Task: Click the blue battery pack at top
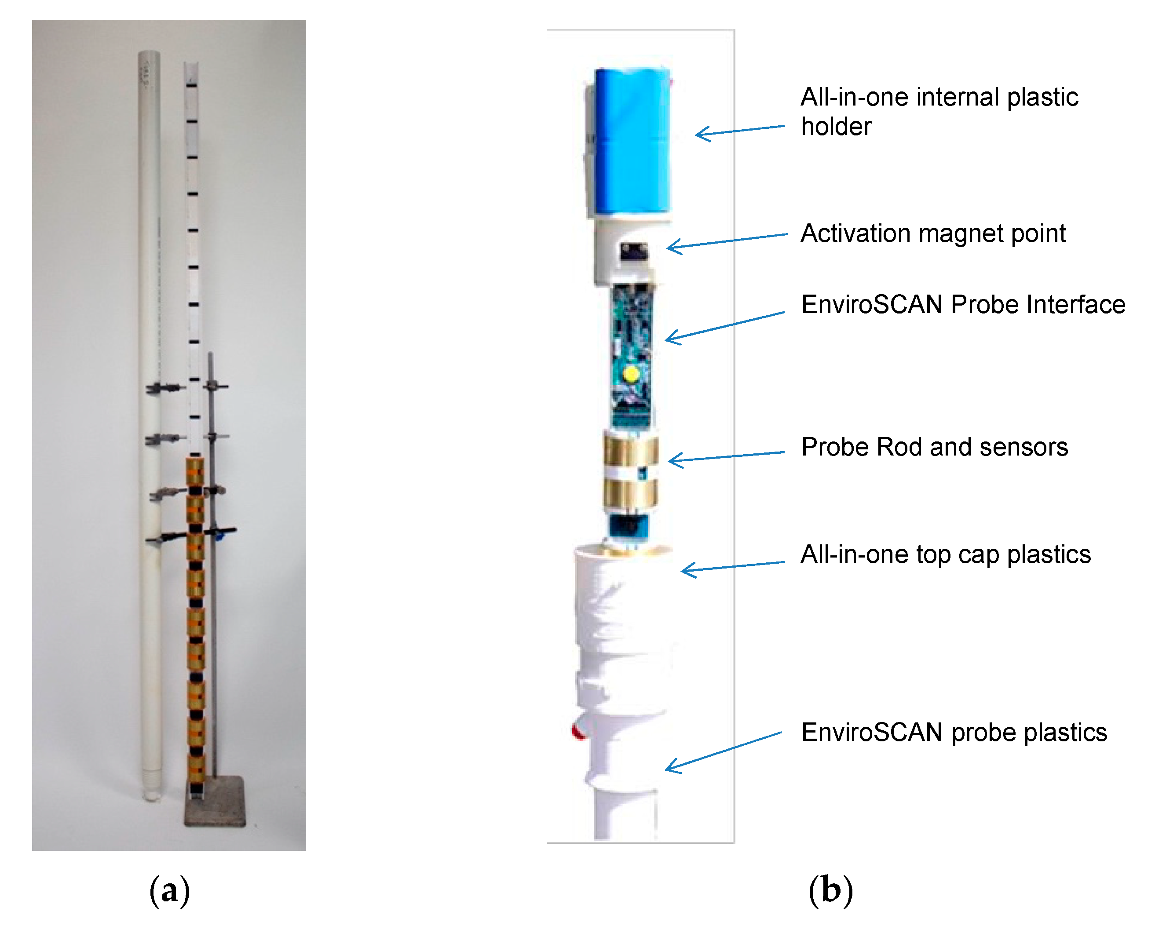click(x=631, y=141)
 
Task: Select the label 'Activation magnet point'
click(x=933, y=233)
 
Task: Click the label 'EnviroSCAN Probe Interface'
click(x=963, y=304)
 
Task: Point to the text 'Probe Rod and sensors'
click(x=934, y=447)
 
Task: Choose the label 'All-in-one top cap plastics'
click(x=945, y=554)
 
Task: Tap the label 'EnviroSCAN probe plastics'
click(x=954, y=733)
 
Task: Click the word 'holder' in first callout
click(x=836, y=127)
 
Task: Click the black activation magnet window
click(x=633, y=252)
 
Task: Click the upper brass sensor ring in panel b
click(x=631, y=450)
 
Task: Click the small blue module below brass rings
click(x=629, y=526)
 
